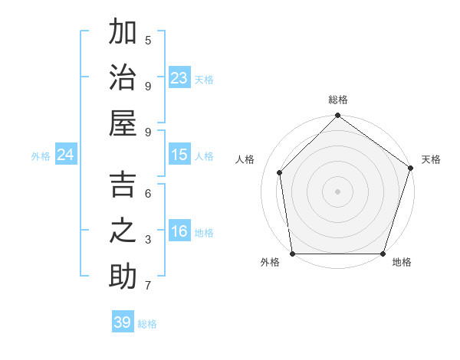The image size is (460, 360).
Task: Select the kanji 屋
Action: coord(123,123)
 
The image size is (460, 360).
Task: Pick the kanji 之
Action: coord(123,231)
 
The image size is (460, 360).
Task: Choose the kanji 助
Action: coord(123,277)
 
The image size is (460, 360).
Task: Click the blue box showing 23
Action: coord(179,77)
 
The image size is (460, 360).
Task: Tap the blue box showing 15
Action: coord(179,155)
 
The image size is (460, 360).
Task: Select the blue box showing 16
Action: coord(179,231)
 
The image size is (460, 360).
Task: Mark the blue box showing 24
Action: coord(66,155)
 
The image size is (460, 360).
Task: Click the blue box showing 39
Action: coord(123,322)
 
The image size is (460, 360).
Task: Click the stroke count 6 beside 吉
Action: coord(148,194)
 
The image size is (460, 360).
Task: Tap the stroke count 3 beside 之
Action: coord(148,240)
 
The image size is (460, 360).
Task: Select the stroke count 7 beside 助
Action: coord(148,286)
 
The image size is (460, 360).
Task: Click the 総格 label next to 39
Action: coord(147,324)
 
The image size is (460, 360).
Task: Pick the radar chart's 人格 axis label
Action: coord(245,159)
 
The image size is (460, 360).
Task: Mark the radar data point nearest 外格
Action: coord(293,254)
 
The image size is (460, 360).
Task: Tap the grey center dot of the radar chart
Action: coord(337,191)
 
